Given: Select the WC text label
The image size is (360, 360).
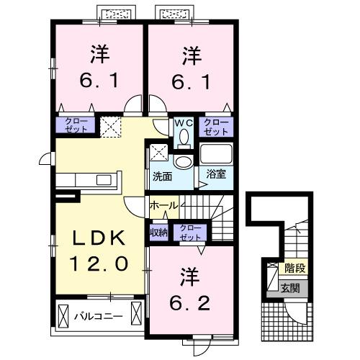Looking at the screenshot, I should (x=183, y=122).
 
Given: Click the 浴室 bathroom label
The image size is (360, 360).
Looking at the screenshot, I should (x=215, y=174).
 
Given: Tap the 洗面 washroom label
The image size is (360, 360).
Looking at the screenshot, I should (x=161, y=175).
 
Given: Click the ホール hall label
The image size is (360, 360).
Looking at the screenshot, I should (x=163, y=206).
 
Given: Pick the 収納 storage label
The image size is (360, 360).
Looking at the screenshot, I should (x=158, y=232).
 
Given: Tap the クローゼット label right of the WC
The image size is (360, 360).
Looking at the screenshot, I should (x=216, y=127).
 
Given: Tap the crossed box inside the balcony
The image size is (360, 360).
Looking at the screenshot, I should (x=64, y=315).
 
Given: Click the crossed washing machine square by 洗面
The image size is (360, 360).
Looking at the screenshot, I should (x=158, y=152).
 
